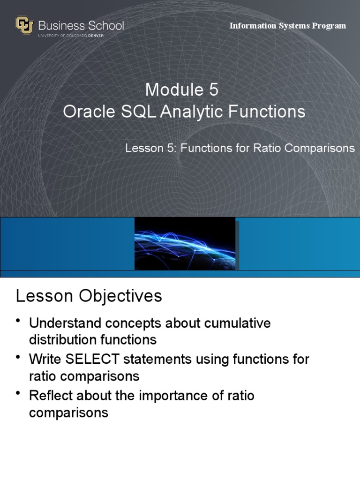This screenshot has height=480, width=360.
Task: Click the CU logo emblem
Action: click(24, 25)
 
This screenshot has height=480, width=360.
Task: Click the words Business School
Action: click(81, 25)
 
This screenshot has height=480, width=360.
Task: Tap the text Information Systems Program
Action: click(287, 26)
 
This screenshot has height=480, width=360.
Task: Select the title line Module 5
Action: click(181, 89)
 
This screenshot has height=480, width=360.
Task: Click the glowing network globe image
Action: click(185, 244)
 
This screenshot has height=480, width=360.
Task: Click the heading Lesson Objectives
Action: click(89, 296)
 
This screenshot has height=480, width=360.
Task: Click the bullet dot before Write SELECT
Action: click(18, 358)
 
